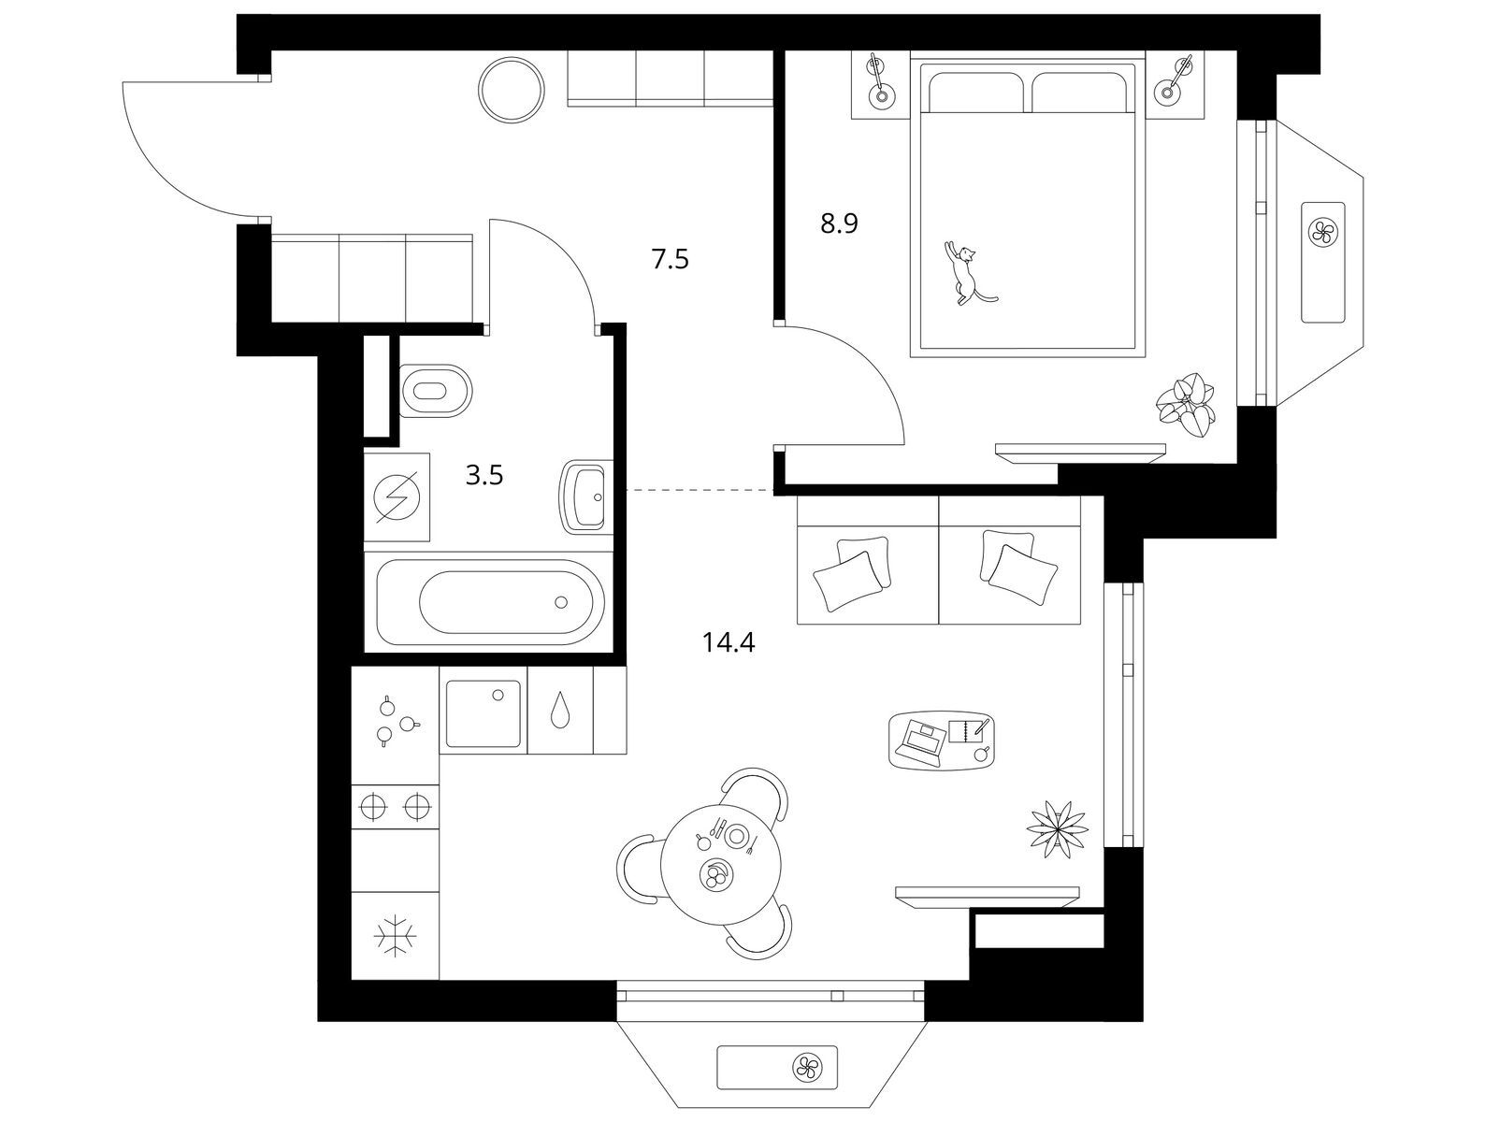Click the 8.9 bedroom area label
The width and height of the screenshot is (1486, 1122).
coord(839,223)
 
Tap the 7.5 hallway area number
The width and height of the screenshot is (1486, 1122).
coord(671,258)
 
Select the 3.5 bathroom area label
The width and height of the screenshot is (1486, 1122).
coord(484,475)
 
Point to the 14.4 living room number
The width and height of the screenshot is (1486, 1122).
coord(729,641)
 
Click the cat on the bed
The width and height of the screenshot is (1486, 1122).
coord(967,273)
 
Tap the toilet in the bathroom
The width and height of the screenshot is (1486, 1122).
coord(435,391)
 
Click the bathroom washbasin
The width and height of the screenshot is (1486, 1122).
coord(582,496)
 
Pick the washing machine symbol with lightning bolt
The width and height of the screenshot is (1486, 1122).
coord(397,497)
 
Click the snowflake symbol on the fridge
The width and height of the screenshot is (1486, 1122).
coord(396,936)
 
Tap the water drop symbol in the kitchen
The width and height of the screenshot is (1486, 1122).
coord(560,710)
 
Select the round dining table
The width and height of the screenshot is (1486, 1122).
coord(720,864)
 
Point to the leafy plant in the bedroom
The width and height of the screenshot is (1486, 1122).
coord(1186,406)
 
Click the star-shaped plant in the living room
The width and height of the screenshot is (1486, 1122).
coord(1057,829)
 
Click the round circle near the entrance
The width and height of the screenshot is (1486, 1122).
coord(512,90)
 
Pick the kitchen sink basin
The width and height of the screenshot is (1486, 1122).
coord(483,714)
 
